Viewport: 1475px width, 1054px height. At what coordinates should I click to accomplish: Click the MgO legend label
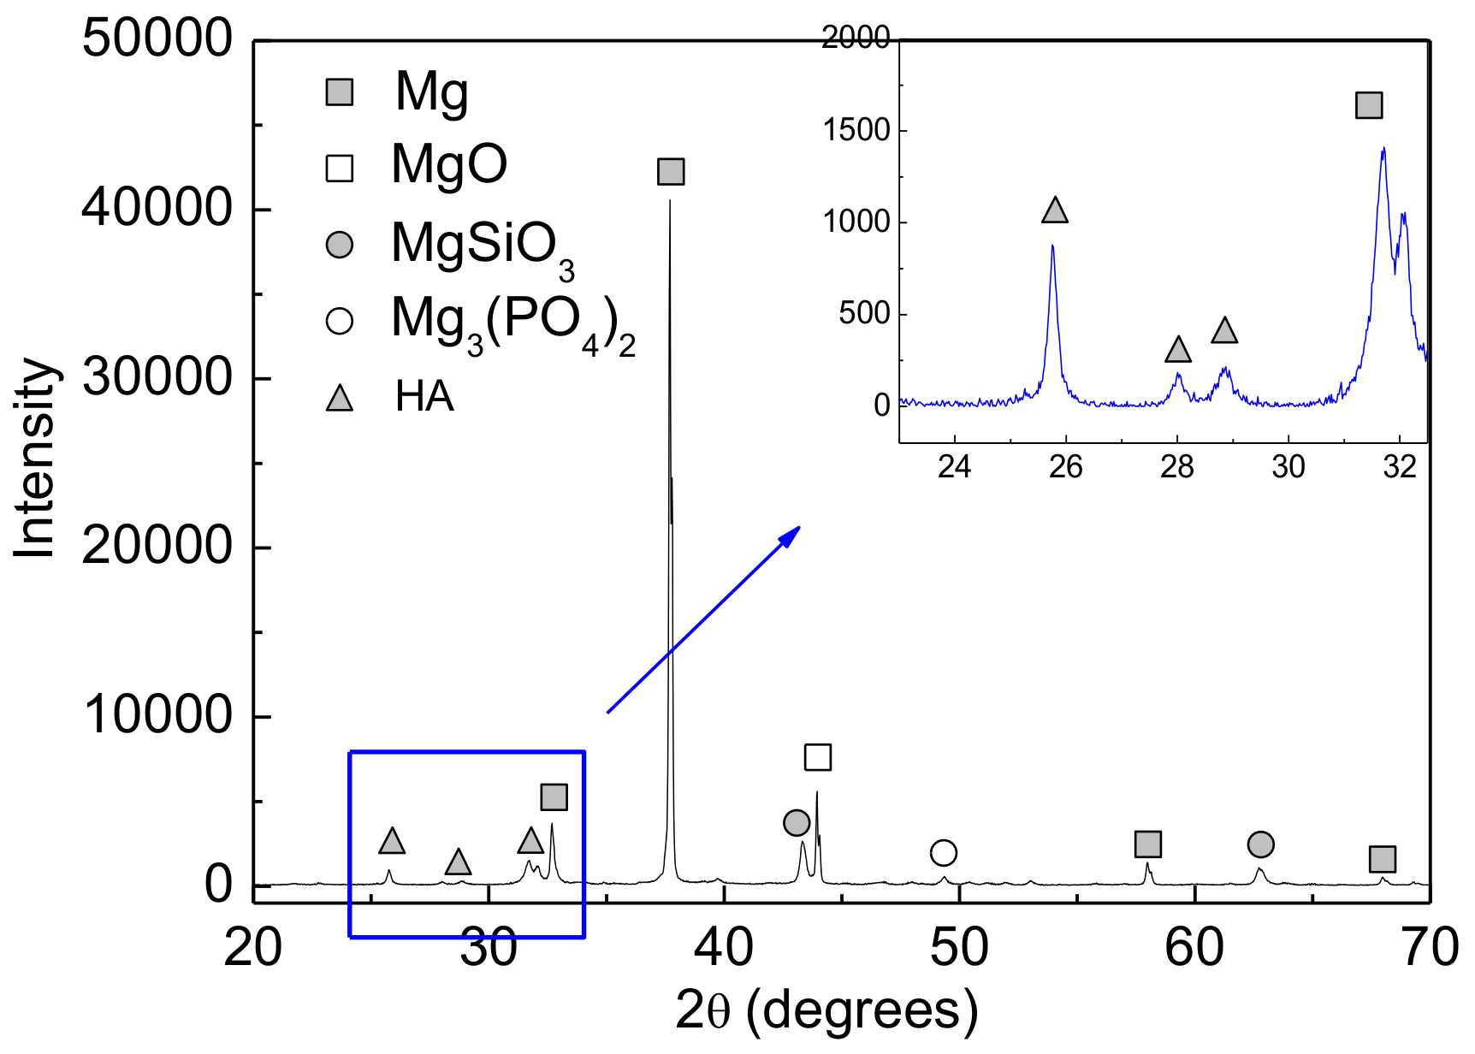pyautogui.click(x=449, y=164)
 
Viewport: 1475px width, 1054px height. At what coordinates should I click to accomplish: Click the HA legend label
pyautogui.click(x=424, y=397)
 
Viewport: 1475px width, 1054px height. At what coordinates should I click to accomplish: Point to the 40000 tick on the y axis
pyautogui.click(x=157, y=208)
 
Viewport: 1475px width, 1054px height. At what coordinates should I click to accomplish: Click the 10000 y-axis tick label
pyautogui.click(x=157, y=715)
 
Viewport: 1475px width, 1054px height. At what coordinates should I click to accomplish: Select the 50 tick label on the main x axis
pyautogui.click(x=959, y=948)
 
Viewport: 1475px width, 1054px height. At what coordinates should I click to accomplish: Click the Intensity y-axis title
pyautogui.click(x=35, y=458)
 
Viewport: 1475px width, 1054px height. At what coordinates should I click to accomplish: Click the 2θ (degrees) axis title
pyautogui.click(x=826, y=1010)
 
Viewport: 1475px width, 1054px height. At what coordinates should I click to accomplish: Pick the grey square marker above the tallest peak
pyautogui.click(x=671, y=172)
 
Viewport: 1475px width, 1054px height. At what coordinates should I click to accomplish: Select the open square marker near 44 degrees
pyautogui.click(x=818, y=757)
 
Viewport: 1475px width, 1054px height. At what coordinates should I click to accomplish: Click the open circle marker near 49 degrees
pyautogui.click(x=943, y=853)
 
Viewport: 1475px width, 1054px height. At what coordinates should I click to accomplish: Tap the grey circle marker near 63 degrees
pyautogui.click(x=1260, y=844)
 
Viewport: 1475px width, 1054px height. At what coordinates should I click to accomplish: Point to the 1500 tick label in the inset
pyautogui.click(x=856, y=131)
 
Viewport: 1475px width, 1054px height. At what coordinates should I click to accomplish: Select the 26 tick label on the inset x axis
pyautogui.click(x=1066, y=467)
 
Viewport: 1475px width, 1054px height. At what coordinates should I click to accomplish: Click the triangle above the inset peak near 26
pyautogui.click(x=1055, y=210)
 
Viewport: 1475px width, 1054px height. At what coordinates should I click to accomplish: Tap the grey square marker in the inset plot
pyautogui.click(x=1369, y=105)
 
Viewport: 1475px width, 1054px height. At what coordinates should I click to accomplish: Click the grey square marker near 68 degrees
pyautogui.click(x=1383, y=859)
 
